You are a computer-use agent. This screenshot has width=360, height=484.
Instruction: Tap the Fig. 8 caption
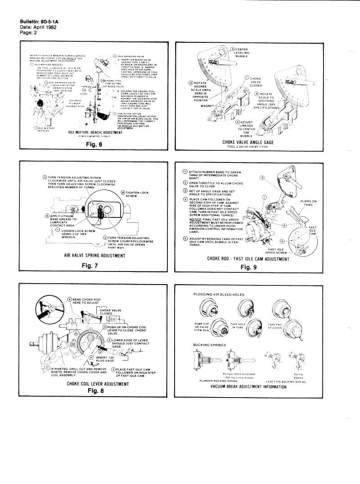click(95, 390)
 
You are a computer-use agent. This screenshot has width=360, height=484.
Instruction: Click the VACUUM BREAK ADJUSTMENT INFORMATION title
click(249, 386)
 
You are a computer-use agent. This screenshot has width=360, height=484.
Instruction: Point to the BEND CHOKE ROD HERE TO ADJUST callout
click(89, 302)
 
